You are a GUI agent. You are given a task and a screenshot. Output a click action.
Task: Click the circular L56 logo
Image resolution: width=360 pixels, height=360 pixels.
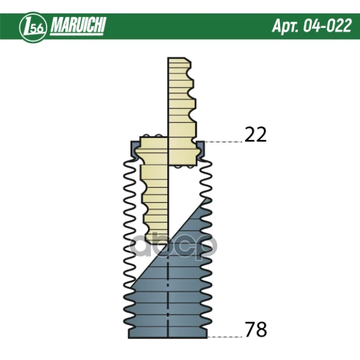(33, 27)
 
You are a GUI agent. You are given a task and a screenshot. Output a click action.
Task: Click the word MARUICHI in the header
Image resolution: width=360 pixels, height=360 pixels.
(78, 25)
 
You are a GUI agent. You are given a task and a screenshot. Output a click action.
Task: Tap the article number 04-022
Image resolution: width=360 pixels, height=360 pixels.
(327, 26)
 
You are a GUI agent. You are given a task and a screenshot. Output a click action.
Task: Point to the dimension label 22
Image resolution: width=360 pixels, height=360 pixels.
(256, 135)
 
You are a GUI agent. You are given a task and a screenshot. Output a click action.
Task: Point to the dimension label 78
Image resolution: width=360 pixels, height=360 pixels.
(256, 329)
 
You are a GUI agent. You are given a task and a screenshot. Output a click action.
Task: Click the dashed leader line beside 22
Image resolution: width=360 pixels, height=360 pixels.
(224, 142)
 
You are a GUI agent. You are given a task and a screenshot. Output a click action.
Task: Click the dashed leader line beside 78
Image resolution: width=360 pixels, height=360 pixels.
(225, 337)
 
